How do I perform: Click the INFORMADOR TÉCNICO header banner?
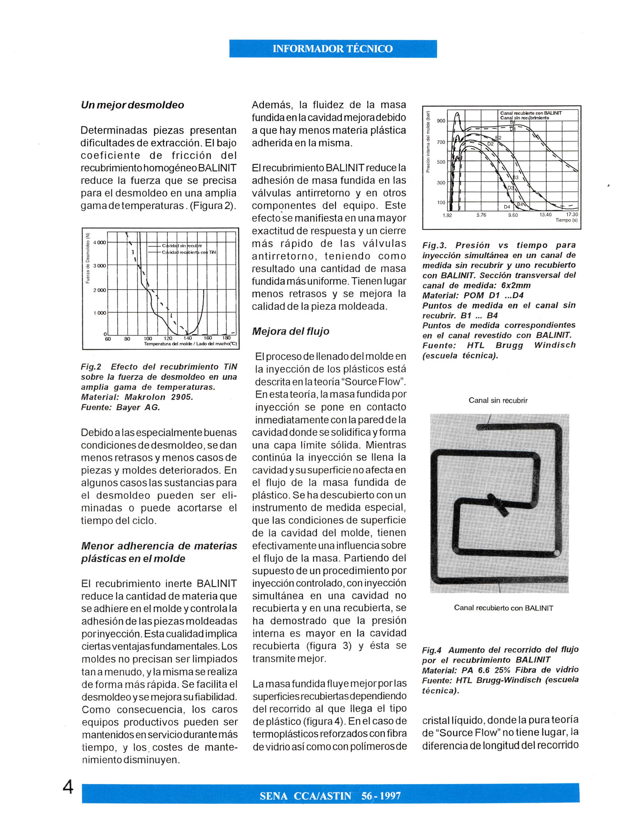click(x=333, y=49)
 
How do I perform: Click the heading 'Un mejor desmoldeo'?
click(x=133, y=105)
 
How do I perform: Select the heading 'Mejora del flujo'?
click(x=291, y=331)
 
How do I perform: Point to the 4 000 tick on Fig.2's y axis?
click(x=100, y=242)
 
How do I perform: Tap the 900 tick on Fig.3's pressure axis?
click(x=441, y=121)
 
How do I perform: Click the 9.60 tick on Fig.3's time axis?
click(x=513, y=215)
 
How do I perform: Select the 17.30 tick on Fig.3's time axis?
click(x=572, y=215)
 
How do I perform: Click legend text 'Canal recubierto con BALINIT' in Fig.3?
click(x=531, y=113)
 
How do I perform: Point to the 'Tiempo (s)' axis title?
click(x=566, y=220)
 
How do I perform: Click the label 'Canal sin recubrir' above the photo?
click(x=498, y=401)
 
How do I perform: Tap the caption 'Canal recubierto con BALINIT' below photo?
click(x=503, y=608)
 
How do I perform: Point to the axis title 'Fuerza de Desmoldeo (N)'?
click(x=88, y=259)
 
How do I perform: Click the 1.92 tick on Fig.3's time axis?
click(x=447, y=215)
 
